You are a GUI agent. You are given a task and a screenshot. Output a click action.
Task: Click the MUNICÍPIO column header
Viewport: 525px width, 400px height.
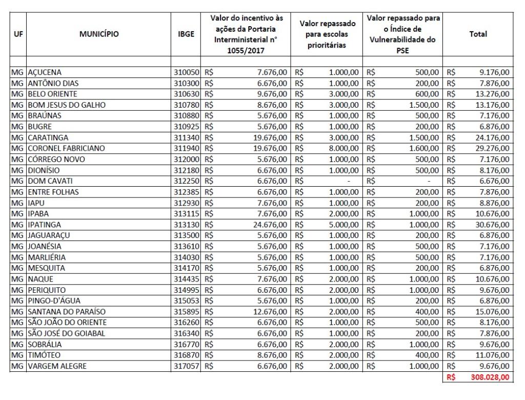tap(98, 34)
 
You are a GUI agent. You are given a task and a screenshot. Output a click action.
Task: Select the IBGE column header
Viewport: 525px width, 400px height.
tap(185, 34)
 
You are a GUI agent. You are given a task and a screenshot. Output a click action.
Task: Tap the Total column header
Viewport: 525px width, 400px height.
tap(478, 34)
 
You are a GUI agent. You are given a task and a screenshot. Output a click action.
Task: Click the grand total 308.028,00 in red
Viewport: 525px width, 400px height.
tap(490, 377)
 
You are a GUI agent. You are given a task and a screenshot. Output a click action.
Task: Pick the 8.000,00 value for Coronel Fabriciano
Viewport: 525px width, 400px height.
tap(344, 148)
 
